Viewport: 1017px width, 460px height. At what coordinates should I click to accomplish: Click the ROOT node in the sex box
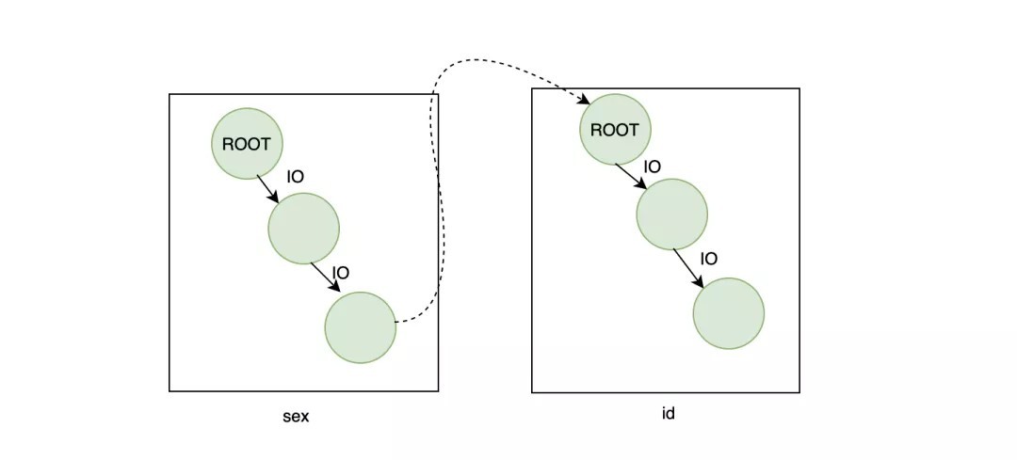click(247, 144)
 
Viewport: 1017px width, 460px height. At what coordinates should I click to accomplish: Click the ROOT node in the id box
click(614, 130)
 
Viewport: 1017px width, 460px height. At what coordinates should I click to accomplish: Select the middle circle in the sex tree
click(303, 228)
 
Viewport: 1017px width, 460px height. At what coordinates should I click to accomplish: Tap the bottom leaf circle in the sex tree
click(360, 327)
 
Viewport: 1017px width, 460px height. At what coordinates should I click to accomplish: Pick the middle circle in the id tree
click(671, 214)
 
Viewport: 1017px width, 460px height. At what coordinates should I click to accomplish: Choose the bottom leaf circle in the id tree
click(728, 313)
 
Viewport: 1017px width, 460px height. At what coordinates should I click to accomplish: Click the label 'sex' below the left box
click(296, 417)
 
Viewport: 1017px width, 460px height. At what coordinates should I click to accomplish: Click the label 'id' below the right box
click(668, 413)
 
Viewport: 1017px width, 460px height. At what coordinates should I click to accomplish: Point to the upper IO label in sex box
click(295, 177)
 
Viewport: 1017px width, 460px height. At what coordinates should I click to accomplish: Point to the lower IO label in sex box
click(341, 273)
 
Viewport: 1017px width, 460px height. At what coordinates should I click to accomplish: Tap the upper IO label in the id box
click(652, 167)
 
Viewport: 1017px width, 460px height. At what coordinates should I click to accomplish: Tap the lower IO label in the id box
click(709, 259)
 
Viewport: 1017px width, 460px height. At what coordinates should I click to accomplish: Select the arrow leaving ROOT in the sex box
click(267, 188)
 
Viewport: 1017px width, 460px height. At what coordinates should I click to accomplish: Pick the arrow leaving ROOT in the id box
click(630, 176)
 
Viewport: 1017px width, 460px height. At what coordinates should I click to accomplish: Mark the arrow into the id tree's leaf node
click(688, 268)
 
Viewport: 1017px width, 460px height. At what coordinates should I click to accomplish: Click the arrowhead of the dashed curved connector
click(584, 101)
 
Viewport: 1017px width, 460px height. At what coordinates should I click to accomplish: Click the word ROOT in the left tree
click(247, 144)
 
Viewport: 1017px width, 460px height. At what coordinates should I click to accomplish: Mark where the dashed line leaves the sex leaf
click(396, 322)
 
